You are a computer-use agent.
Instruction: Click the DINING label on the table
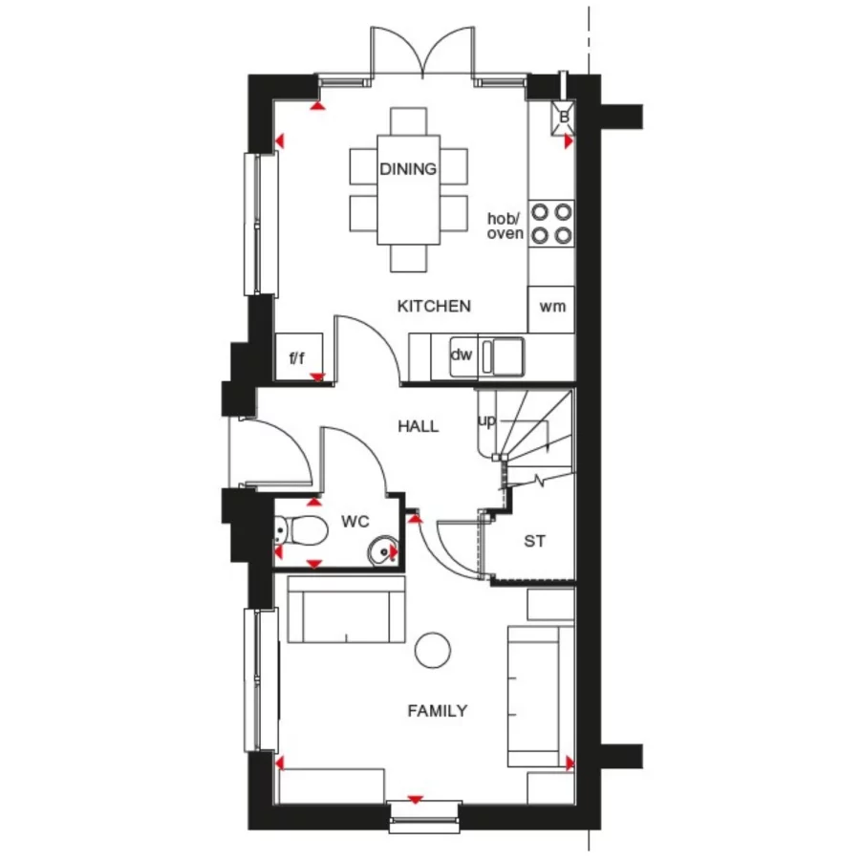click(x=408, y=169)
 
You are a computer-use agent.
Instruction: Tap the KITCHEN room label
click(x=434, y=306)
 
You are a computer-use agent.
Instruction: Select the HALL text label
click(x=419, y=426)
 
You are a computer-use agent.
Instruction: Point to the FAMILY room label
click(x=437, y=710)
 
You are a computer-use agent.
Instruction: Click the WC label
click(x=355, y=523)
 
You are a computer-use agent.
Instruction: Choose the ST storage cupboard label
click(x=534, y=541)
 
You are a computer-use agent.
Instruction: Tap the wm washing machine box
click(x=551, y=308)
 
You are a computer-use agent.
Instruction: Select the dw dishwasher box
click(x=462, y=355)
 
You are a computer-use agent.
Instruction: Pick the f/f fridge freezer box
click(x=297, y=358)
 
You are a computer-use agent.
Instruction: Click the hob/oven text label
click(x=505, y=226)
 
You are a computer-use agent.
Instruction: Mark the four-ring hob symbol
click(x=551, y=222)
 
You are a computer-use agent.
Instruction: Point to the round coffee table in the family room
click(x=433, y=650)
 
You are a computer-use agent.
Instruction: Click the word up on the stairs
click(x=486, y=420)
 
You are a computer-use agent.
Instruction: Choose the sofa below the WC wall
click(x=345, y=612)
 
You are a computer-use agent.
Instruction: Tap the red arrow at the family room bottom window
click(x=416, y=799)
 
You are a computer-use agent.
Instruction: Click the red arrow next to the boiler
click(x=569, y=141)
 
